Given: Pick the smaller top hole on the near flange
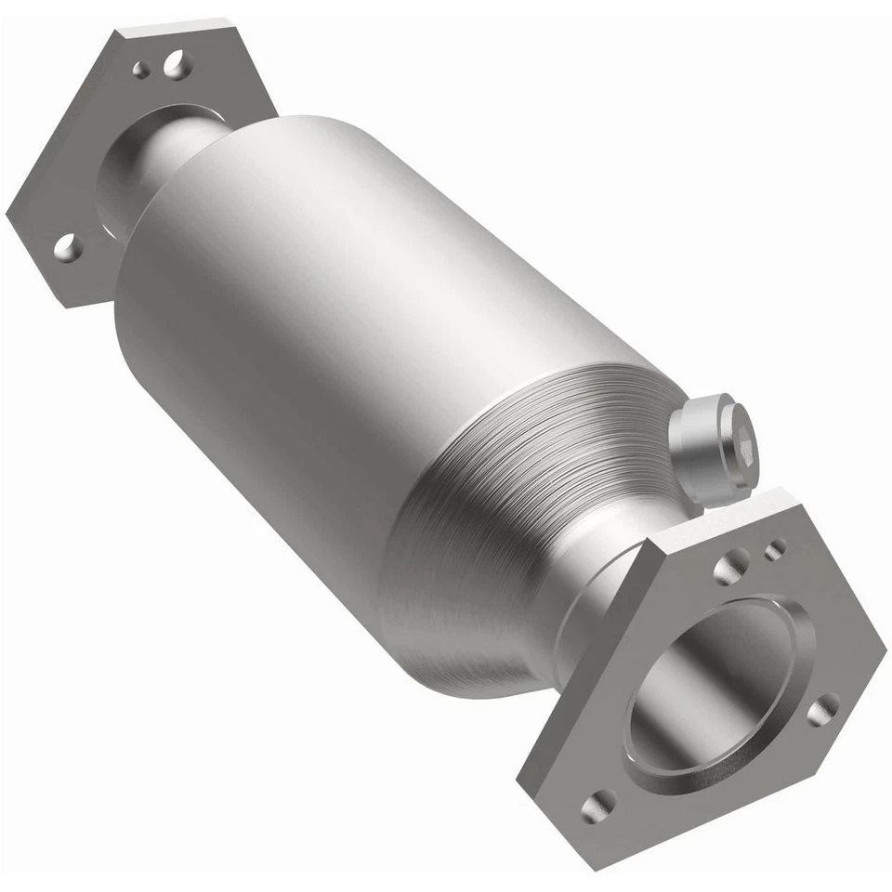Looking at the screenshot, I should click(774, 550).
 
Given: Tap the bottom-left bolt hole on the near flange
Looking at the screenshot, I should click(599, 807).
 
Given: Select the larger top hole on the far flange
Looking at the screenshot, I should click(174, 63).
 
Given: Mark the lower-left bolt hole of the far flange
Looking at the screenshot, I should click(67, 246).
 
